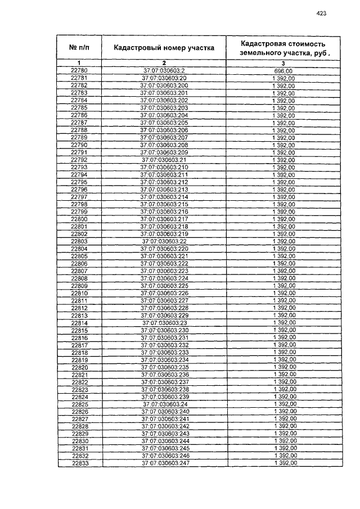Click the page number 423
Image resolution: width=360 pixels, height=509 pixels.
322,13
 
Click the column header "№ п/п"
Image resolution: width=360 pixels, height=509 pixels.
79,48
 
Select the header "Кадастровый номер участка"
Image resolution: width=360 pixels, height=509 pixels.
164,48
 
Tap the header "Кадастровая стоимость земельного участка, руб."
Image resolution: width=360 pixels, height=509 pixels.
283,48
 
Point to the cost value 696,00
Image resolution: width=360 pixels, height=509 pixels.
283,70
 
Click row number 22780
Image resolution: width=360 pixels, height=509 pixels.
79,70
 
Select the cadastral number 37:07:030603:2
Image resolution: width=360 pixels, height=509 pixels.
164,70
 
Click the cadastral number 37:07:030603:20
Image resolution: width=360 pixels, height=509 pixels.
164,78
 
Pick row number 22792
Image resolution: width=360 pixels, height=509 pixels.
79,160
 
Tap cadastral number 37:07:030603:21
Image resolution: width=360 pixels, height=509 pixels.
164,160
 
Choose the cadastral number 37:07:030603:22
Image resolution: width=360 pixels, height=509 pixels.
164,241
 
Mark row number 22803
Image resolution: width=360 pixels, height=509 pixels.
79,241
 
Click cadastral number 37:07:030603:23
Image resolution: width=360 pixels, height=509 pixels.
165,323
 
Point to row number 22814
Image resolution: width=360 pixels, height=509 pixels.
79,323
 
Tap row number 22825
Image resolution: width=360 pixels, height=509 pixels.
80,404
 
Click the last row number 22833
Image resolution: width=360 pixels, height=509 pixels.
80,463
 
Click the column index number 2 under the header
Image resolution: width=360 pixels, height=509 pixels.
164,62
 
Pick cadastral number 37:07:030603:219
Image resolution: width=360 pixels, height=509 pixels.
164,233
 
